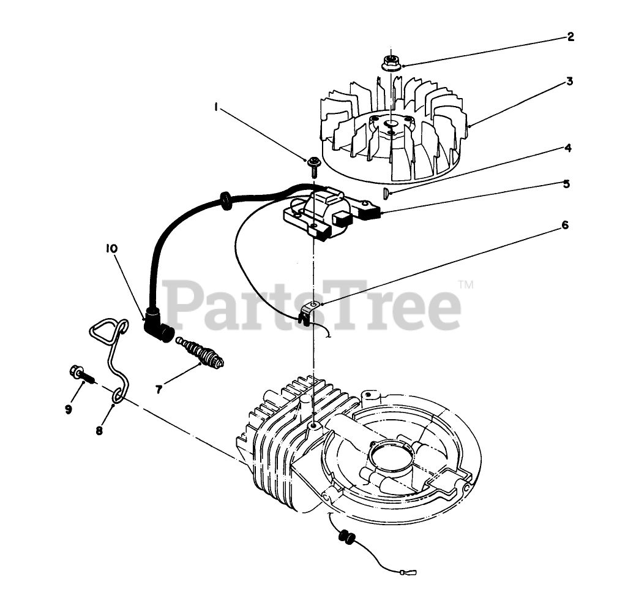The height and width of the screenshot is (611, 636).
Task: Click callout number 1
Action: click(217, 107)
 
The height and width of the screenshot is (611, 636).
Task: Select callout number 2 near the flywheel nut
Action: click(570, 37)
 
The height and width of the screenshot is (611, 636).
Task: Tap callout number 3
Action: click(569, 81)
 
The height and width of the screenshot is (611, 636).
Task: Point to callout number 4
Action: click(568, 148)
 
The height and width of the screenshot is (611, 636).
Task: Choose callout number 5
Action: click(566, 183)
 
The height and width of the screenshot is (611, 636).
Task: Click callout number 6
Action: click(564, 225)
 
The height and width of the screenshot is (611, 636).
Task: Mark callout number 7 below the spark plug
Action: click(159, 389)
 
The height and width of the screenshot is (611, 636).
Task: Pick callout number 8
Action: click(99, 430)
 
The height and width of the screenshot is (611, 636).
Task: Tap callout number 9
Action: click(68, 408)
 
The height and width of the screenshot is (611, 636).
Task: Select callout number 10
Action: click(111, 248)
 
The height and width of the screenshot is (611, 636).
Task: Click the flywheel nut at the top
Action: click(390, 62)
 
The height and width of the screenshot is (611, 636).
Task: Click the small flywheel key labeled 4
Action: click(385, 193)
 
